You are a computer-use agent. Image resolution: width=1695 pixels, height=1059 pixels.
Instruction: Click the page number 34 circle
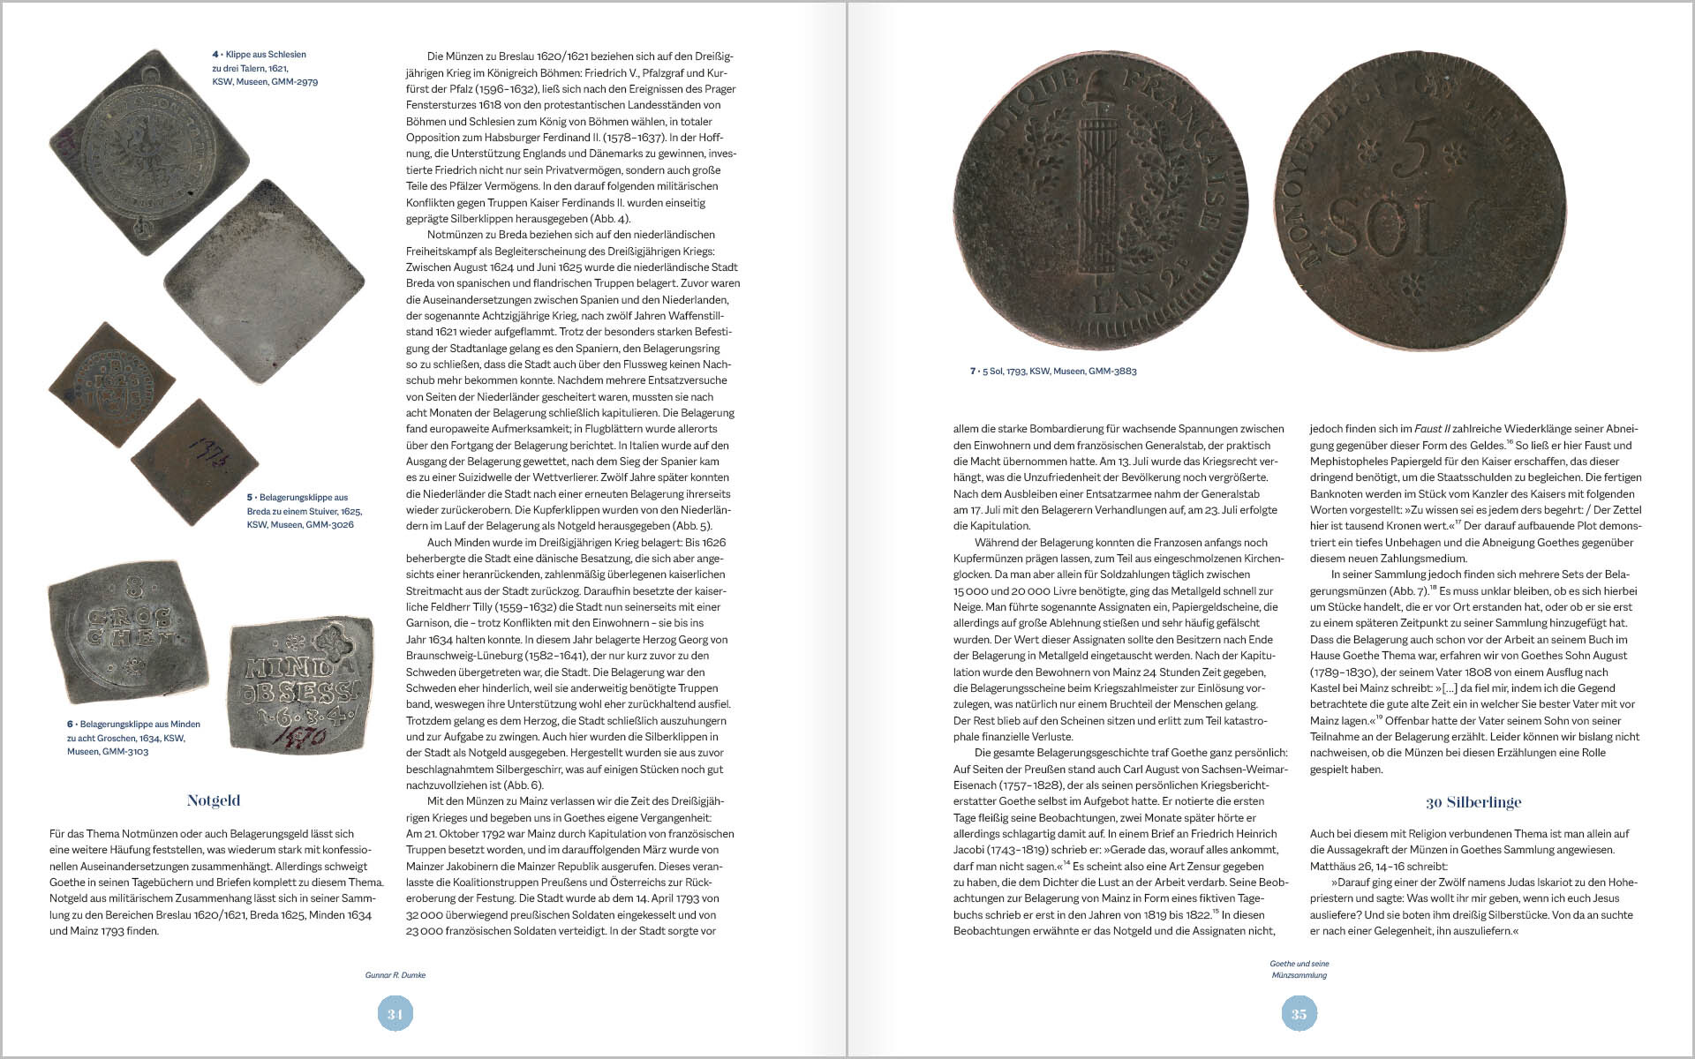click(x=395, y=1014)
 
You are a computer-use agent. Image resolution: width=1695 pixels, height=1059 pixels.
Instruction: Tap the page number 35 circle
click(x=1299, y=1014)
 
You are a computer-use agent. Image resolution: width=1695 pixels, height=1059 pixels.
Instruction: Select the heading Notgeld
click(x=214, y=800)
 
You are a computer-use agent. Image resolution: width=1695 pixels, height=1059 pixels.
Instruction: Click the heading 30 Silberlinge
click(x=1473, y=802)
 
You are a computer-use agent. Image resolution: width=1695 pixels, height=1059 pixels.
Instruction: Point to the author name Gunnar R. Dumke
click(x=395, y=975)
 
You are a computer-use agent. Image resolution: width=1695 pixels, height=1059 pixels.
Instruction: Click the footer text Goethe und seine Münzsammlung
click(x=1299, y=969)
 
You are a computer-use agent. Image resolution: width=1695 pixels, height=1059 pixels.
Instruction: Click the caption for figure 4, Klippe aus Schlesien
click(x=264, y=68)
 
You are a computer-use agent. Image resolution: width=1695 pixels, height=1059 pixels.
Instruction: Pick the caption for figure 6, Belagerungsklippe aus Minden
click(x=133, y=738)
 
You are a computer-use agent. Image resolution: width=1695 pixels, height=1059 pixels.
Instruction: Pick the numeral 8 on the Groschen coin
click(x=134, y=586)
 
